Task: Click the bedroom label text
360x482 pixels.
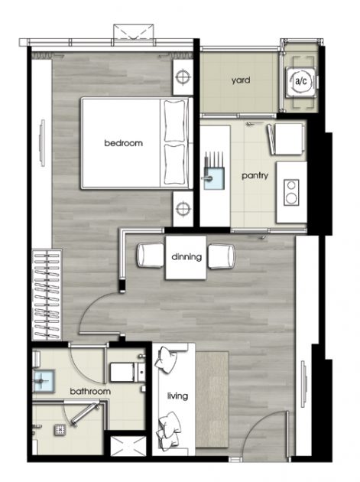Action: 124,143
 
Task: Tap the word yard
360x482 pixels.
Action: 242,80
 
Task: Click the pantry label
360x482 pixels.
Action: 254,175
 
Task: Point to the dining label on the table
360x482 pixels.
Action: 186,257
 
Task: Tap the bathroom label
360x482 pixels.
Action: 90,392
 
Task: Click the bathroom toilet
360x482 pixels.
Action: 123,373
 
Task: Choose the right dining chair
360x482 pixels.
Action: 222,256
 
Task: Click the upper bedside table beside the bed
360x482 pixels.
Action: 182,76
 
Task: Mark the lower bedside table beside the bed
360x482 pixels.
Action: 182,207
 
